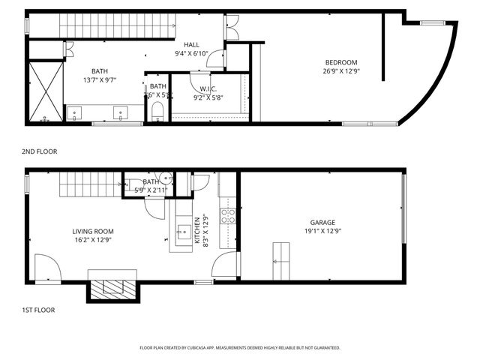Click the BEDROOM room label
(340, 62)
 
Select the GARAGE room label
(322, 222)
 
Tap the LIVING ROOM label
(92, 231)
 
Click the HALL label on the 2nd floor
(191, 44)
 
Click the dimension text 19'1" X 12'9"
(322, 232)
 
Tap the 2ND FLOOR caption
(40, 151)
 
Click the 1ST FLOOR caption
(38, 310)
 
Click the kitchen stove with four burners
(228, 216)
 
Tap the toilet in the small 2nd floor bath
(157, 114)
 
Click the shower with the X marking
(45, 91)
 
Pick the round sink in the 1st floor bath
(166, 179)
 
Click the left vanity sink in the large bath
(75, 113)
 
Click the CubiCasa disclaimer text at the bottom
(240, 348)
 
